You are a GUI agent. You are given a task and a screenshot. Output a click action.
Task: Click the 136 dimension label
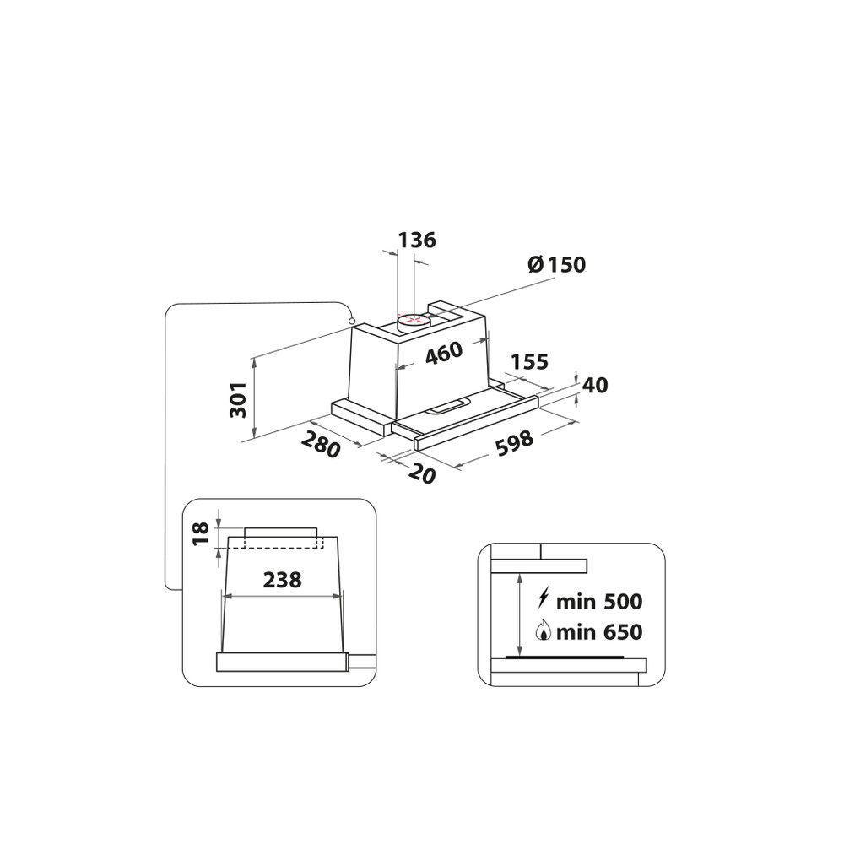tap(417, 240)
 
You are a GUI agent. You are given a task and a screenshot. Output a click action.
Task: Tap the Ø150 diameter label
tap(556, 264)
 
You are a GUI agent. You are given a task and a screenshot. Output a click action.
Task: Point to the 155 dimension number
tap(529, 362)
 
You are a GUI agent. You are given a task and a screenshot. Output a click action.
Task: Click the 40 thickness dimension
tap(595, 386)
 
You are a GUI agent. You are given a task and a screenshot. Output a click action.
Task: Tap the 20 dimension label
tap(422, 473)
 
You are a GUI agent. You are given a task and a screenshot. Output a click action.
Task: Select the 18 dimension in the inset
tap(200, 534)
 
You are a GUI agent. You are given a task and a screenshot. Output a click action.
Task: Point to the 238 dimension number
tap(282, 580)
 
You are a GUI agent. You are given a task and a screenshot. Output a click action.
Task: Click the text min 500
tap(600, 602)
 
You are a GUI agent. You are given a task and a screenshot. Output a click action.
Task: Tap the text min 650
tap(600, 631)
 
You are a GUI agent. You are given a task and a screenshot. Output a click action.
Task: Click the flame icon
tap(544, 631)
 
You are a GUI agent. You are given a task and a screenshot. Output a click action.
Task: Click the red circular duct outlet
tap(411, 320)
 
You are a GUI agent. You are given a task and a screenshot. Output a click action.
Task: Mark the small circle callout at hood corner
tap(350, 322)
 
